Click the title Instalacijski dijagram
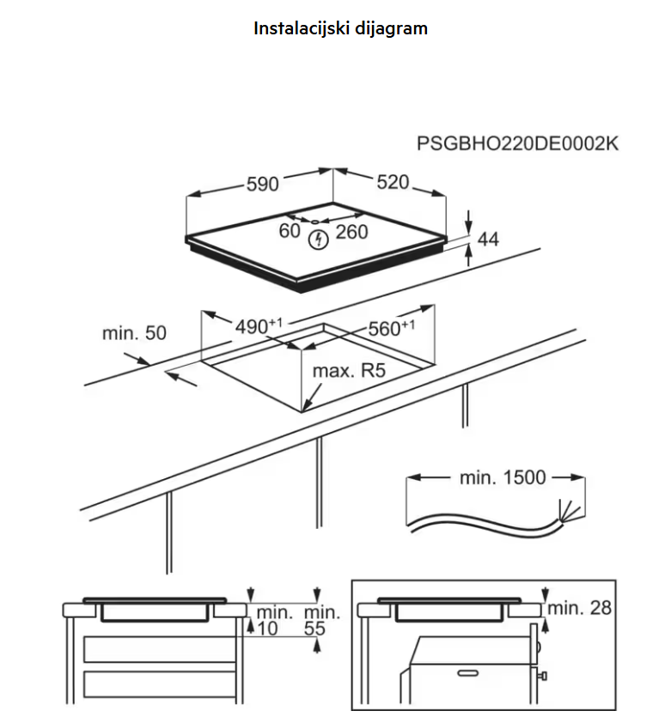(x=340, y=27)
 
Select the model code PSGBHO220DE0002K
(x=517, y=143)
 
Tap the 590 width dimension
(x=263, y=184)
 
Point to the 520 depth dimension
(x=393, y=183)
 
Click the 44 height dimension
(x=488, y=239)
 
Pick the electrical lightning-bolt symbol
(x=317, y=238)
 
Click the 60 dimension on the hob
(x=290, y=231)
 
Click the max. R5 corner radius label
(x=347, y=372)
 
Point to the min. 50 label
(x=134, y=332)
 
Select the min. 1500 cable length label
(x=503, y=477)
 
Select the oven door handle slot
(x=468, y=671)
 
